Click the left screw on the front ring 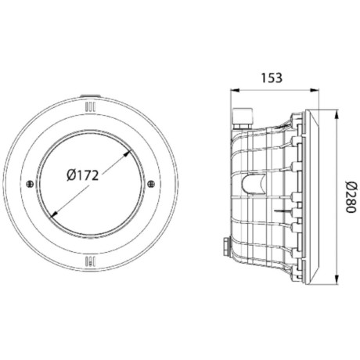click(x=29, y=185)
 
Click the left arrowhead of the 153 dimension click(x=232, y=90)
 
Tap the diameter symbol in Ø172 click(x=63, y=176)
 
